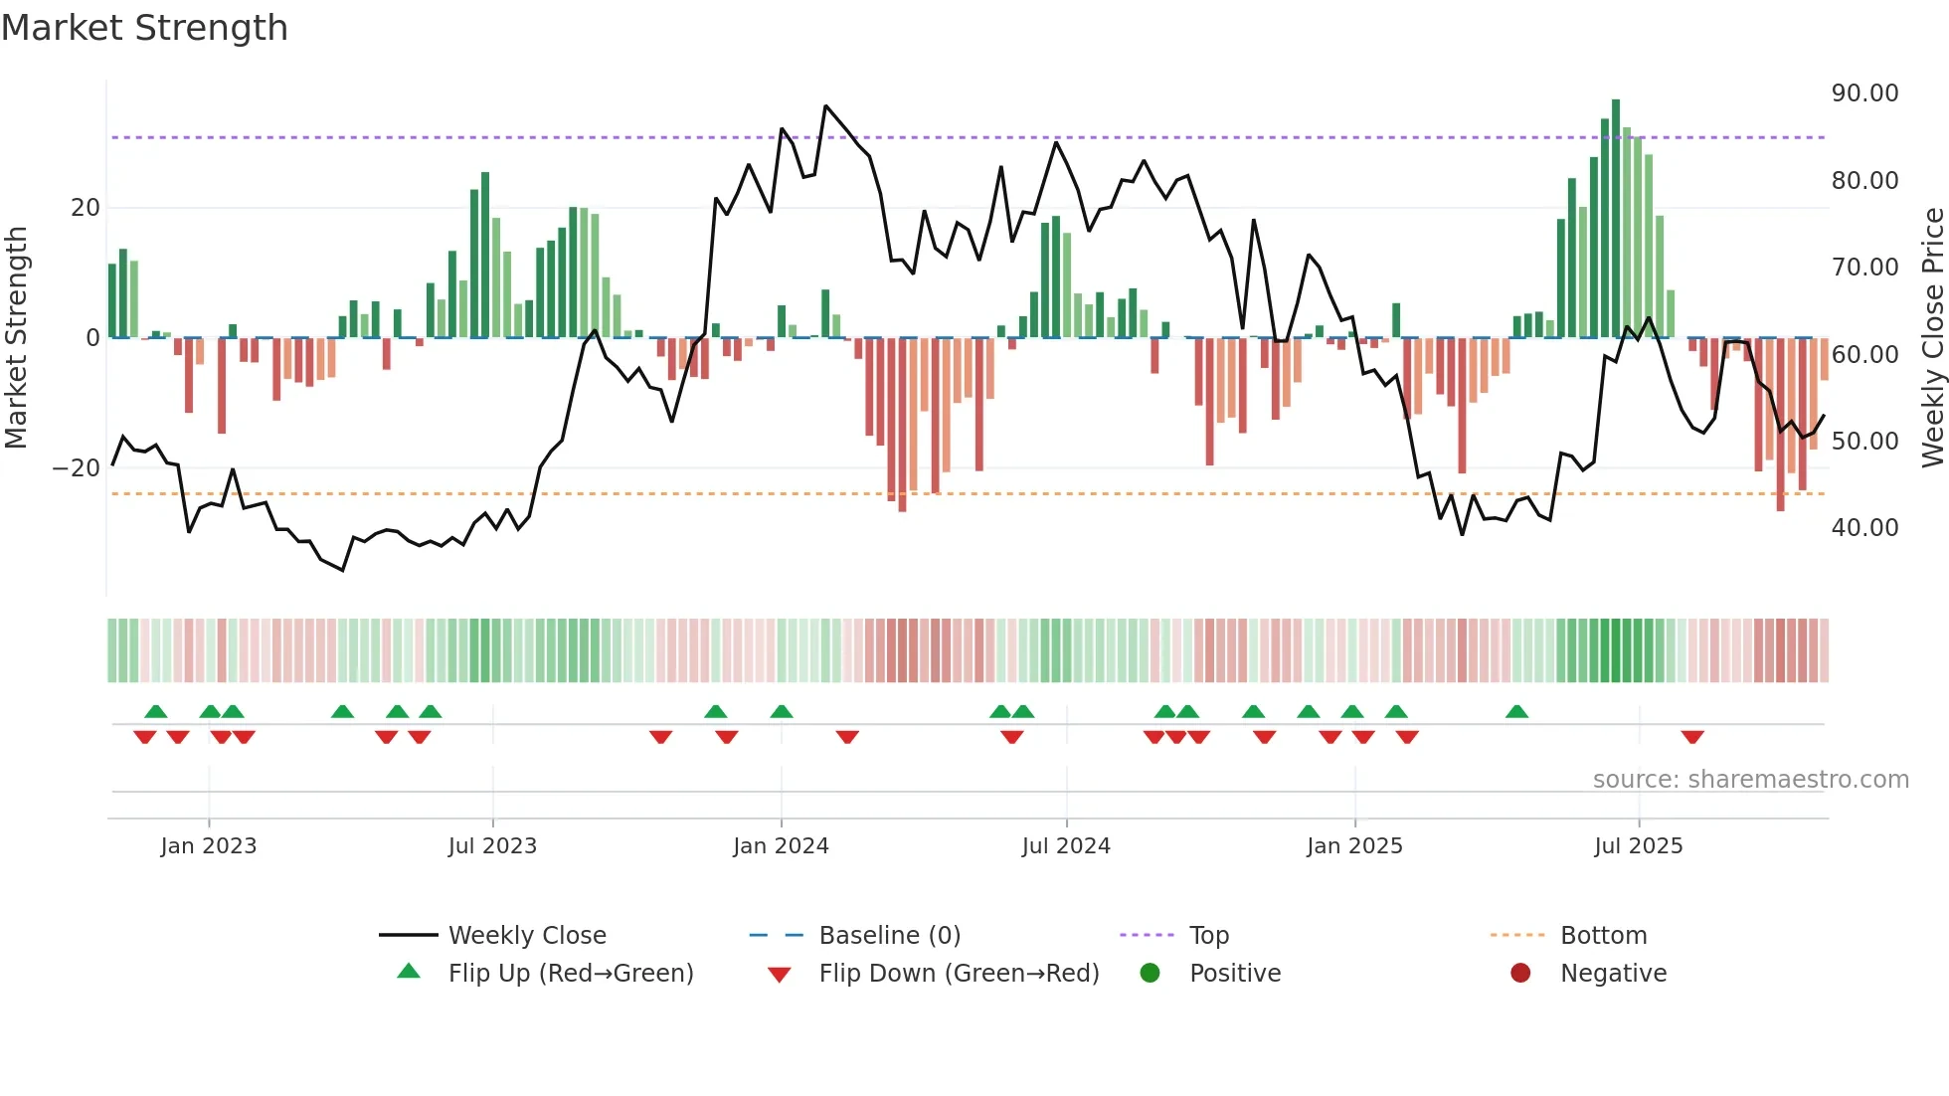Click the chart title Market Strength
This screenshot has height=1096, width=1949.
pos(144,28)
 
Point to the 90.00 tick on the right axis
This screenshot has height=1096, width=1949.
pos(1864,93)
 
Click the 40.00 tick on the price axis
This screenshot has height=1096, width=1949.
pos(1864,528)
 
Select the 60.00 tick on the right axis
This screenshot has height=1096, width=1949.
pos(1864,354)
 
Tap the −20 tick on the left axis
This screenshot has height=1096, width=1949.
pos(76,468)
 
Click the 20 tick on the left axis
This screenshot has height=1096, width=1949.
pos(86,208)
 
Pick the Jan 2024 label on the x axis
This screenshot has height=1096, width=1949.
pos(781,846)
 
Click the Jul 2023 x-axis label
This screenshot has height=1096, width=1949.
pos(492,846)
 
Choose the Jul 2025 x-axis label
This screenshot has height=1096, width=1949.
pos(1638,846)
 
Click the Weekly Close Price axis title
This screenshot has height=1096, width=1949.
pos(1932,337)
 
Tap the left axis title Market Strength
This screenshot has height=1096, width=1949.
pos(16,337)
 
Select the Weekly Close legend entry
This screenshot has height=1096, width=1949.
pos(526,936)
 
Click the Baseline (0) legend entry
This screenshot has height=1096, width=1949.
pos(889,936)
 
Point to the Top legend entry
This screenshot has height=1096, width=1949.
pos(1208,936)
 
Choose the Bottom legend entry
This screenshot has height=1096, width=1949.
pos(1603,936)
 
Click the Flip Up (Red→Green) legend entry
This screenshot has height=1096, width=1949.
pos(570,974)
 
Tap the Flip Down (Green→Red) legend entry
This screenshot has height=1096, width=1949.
pos(959,974)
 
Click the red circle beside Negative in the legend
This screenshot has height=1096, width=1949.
pos(1520,974)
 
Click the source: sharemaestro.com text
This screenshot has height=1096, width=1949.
pos(1750,780)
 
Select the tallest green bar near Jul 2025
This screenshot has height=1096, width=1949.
pos(1616,219)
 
